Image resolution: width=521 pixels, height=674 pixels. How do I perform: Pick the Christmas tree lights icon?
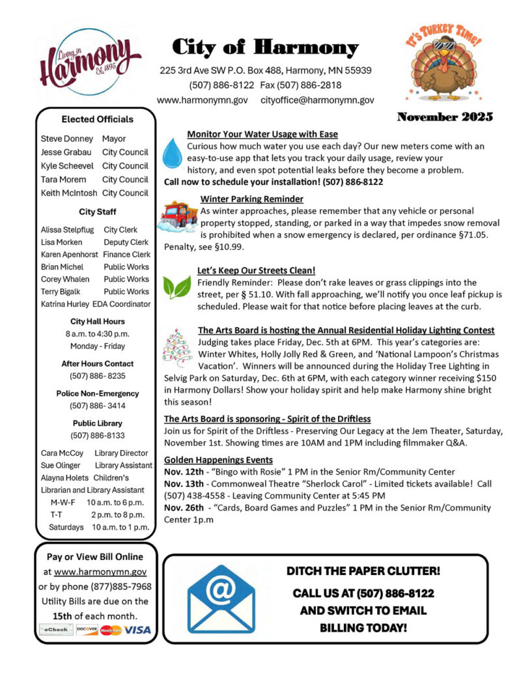176,348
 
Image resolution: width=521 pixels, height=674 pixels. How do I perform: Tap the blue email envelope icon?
221,598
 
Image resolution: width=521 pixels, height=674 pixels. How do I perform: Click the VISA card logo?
137,630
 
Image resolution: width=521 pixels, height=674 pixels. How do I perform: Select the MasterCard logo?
111,630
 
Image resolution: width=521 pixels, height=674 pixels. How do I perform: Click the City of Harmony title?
265,48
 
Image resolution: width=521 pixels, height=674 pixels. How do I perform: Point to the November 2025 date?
445,118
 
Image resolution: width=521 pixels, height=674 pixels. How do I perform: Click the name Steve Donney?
66,139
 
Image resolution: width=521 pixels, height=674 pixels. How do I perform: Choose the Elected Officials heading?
97,119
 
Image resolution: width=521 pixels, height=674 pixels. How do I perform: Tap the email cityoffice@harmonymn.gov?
317,100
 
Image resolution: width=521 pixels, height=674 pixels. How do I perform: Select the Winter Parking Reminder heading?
251,199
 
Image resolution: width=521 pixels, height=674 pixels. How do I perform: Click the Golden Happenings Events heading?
218,460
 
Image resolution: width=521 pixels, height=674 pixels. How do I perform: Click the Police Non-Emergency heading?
97,393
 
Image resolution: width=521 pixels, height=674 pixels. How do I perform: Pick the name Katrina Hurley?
64,304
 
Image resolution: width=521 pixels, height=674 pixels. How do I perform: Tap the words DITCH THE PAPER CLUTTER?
363,571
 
